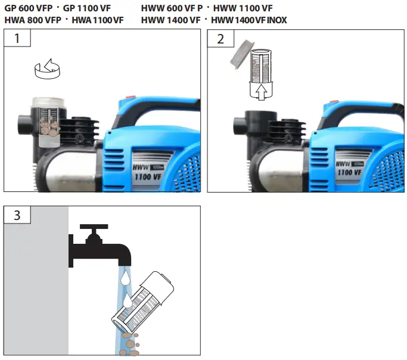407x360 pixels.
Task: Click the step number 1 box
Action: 17,39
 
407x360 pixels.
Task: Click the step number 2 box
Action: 220,39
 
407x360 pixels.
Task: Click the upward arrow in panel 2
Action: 260,91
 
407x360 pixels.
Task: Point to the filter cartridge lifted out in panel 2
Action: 260,67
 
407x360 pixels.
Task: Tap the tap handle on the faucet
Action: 94,228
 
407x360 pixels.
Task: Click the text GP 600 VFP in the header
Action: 27,9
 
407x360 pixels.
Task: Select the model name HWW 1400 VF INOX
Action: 249,20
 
